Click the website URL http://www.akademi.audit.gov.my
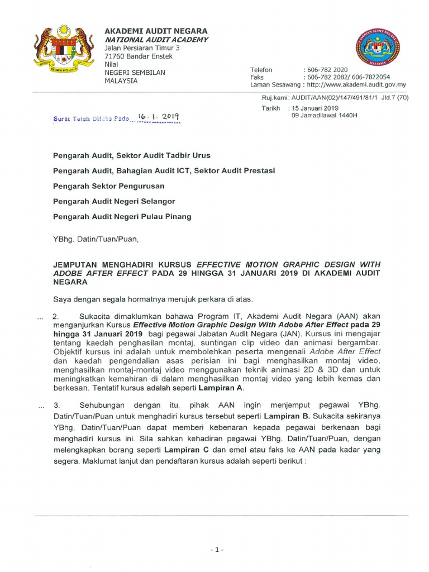pyautogui.click(x=354, y=85)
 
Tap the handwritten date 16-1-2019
pyautogui.click(x=158, y=117)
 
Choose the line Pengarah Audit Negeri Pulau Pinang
pyautogui.click(x=122, y=216)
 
